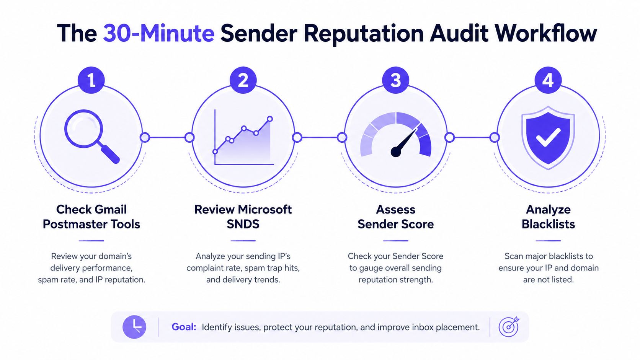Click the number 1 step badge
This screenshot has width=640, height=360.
pyautogui.click(x=91, y=80)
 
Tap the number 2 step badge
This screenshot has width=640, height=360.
pyautogui.click(x=243, y=80)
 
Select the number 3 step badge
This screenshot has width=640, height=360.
pyautogui.click(x=396, y=80)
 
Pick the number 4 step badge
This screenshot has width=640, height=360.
pyautogui.click(x=548, y=80)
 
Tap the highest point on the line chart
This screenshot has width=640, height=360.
pyautogui.click(x=270, y=119)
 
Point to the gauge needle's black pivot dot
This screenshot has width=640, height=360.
pyautogui.click(x=396, y=152)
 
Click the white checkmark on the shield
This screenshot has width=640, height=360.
pyautogui.click(x=548, y=137)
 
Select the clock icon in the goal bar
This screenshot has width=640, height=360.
pyautogui.click(x=134, y=327)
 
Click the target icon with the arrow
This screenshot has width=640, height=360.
pyautogui.click(x=509, y=327)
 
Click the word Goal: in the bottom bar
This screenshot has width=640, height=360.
pyautogui.click(x=184, y=327)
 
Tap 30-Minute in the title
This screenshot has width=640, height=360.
pyautogui.click(x=158, y=33)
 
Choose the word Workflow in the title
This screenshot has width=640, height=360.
pyautogui.click(x=546, y=33)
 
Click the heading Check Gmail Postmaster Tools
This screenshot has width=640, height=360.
pyautogui.click(x=91, y=217)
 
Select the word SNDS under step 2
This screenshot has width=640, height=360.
pyautogui.click(x=243, y=224)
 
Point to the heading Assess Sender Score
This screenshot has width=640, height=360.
pyautogui.click(x=396, y=217)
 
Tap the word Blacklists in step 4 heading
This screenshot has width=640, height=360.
pyautogui.click(x=548, y=224)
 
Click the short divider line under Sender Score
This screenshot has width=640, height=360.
pyautogui.click(x=396, y=241)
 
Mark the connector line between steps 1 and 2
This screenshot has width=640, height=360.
pyautogui.click(x=167, y=138)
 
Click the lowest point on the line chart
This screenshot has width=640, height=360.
pyautogui.click(x=215, y=152)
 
